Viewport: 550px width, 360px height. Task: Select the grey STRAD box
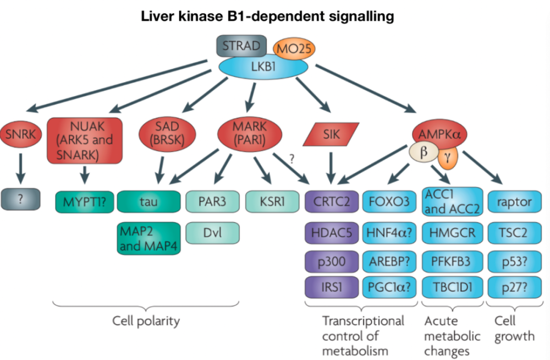click(x=241, y=46)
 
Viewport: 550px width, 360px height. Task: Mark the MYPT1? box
click(x=85, y=202)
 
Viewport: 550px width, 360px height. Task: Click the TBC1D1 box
click(x=452, y=287)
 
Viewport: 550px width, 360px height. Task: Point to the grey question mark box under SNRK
click(x=21, y=199)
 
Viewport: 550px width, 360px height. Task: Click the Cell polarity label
click(x=146, y=320)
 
